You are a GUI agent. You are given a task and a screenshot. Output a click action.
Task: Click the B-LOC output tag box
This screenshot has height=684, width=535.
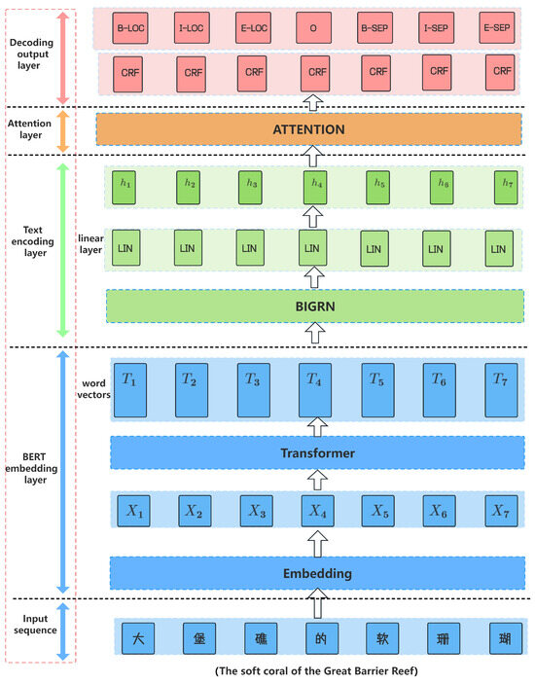tap(128, 28)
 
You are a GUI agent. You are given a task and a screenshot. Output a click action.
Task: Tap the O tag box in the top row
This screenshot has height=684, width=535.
tap(313, 28)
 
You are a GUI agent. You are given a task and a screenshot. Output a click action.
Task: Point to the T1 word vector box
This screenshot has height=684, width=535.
tap(129, 389)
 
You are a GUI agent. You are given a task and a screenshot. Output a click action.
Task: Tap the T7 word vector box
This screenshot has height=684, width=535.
tap(500, 389)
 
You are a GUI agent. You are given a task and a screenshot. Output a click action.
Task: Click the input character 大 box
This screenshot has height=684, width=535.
tap(137, 638)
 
